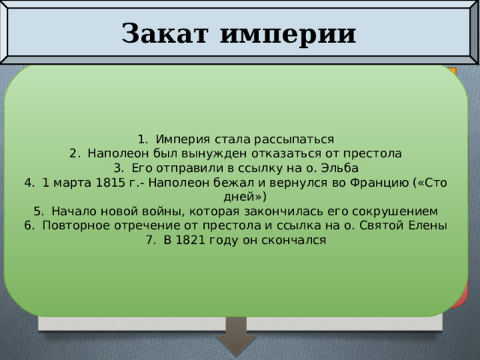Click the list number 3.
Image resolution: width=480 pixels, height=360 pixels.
tap(118, 167)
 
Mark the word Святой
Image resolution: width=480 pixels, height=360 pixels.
tap(383, 226)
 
